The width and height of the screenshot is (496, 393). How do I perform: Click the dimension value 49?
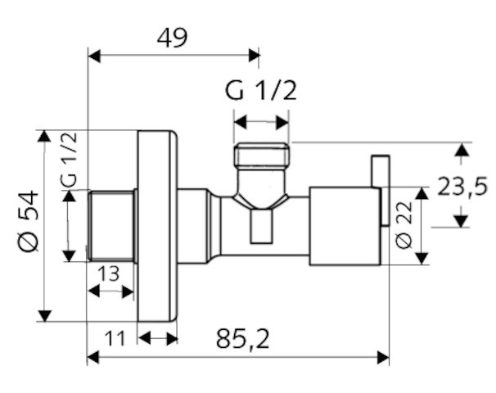(x=173, y=38)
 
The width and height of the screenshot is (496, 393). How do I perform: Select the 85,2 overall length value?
(x=243, y=339)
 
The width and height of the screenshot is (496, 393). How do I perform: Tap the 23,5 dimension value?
(x=462, y=187)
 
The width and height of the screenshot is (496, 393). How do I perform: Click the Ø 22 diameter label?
(x=404, y=224)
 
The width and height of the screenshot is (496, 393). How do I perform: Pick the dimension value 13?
(x=109, y=273)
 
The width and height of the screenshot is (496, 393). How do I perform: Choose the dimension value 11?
(x=115, y=339)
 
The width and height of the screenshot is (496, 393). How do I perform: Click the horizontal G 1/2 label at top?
(x=261, y=91)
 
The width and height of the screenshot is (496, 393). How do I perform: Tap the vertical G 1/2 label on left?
(x=69, y=159)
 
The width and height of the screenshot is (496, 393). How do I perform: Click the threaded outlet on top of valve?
(x=261, y=155)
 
